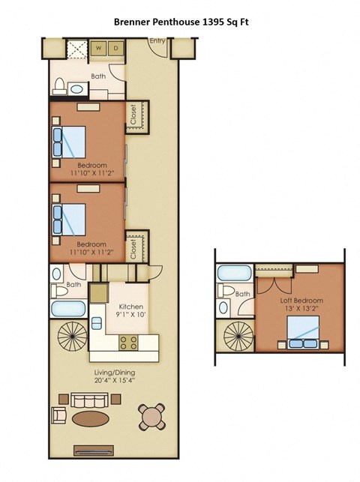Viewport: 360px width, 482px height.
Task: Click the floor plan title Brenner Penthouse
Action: [x=181, y=22]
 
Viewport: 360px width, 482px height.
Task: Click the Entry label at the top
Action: [x=157, y=41]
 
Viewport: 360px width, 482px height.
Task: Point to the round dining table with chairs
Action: [x=152, y=415]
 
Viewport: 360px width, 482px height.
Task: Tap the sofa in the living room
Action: [x=89, y=398]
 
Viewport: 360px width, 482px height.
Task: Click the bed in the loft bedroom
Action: [x=303, y=332]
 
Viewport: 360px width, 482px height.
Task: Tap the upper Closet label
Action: [x=134, y=114]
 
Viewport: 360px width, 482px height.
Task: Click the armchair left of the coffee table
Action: [x=59, y=415]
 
